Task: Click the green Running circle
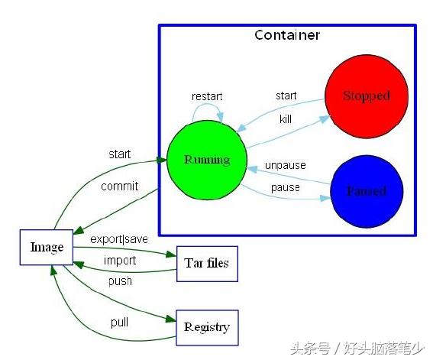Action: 206,161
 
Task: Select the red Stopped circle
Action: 365,96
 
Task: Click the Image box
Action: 46,247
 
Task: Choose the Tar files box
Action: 207,264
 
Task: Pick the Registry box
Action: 207,327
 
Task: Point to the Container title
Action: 287,35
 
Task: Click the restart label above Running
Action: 207,97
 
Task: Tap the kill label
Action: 286,119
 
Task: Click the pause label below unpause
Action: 286,187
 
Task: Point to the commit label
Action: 120,186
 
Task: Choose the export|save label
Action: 119,239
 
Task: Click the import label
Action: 120,261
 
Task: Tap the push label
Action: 120,281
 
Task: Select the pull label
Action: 119,322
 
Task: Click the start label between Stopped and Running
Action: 286,96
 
